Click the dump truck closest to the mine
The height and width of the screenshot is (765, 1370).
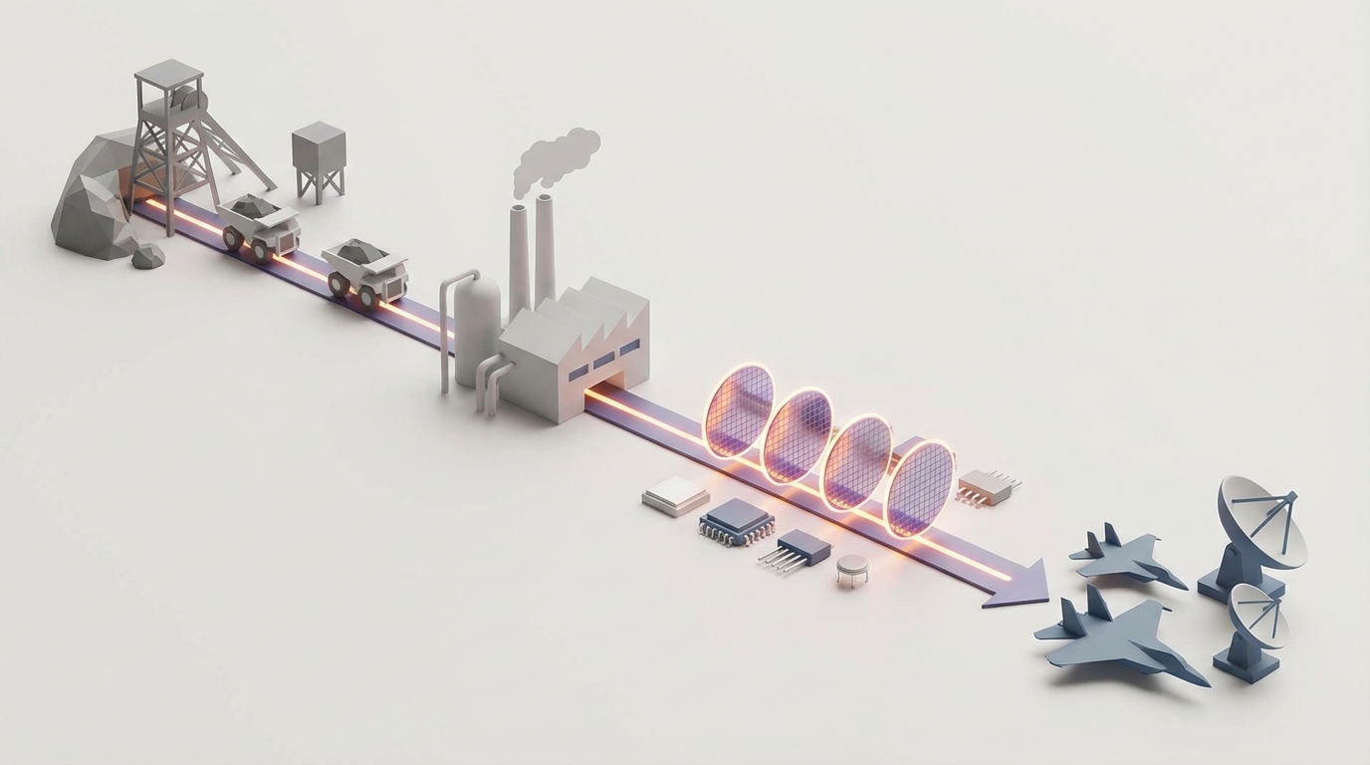(259, 225)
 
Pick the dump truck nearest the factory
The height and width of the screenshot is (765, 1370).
(365, 271)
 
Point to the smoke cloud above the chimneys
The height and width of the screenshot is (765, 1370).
(558, 159)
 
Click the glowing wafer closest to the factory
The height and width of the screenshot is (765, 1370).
(739, 408)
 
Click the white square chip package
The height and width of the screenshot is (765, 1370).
(675, 495)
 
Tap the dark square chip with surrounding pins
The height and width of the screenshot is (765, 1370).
(737, 520)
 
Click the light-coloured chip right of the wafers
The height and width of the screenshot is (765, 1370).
(986, 487)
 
